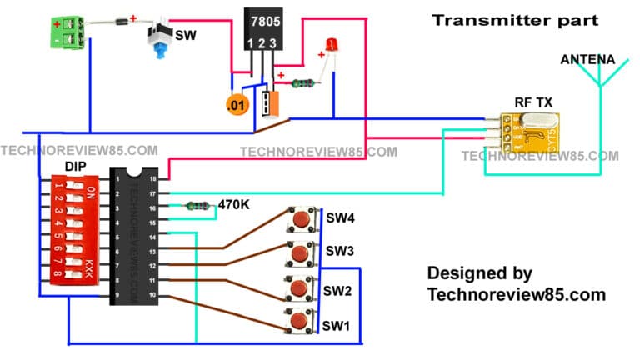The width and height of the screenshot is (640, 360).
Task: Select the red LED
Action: tap(332, 46)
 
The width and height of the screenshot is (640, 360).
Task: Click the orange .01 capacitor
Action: tap(237, 106)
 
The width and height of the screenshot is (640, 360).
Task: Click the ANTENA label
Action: tap(587, 60)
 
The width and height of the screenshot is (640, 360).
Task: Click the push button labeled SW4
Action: tap(301, 220)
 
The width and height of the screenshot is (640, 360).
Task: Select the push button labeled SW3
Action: tap(301, 252)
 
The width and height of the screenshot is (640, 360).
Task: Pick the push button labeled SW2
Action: tap(301, 287)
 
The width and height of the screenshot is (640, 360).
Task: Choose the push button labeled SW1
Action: tap(301, 321)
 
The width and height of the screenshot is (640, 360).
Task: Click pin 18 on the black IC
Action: tap(152, 177)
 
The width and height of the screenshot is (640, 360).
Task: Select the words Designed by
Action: tap(479, 273)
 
